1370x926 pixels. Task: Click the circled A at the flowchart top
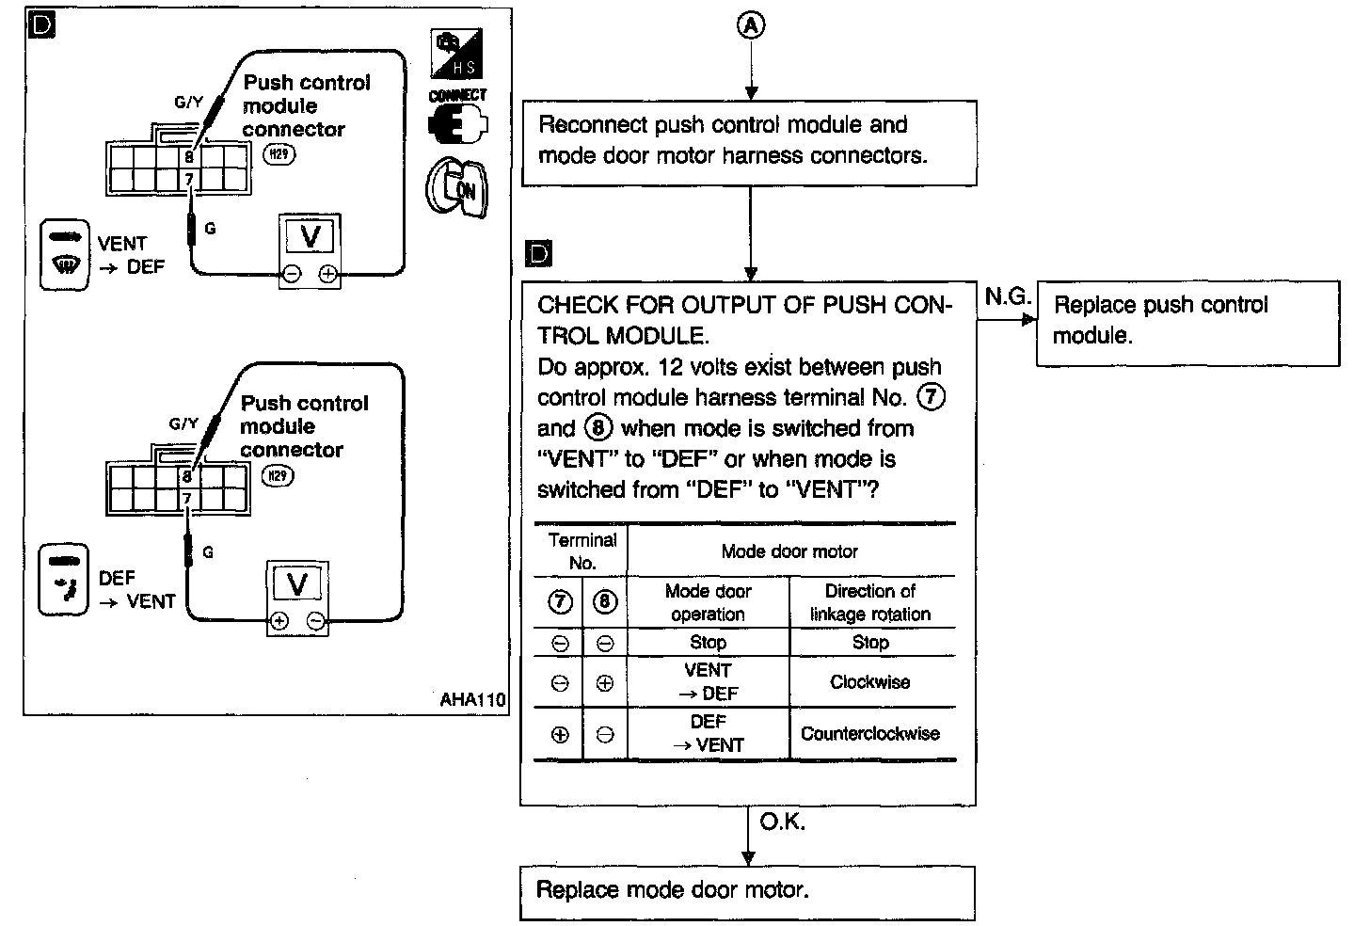pyautogui.click(x=750, y=26)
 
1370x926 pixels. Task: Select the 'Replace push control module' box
pyautogui.click(x=1187, y=322)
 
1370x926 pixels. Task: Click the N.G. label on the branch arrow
pyautogui.click(x=1007, y=297)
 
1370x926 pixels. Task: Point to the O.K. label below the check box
pyautogui.click(x=782, y=822)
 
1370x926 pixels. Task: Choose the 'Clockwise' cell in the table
pyautogui.click(x=870, y=682)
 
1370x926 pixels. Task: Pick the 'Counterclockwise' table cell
pyautogui.click(x=870, y=734)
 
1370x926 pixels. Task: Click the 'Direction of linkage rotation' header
pyautogui.click(x=870, y=602)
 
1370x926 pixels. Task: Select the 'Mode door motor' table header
pyautogui.click(x=789, y=551)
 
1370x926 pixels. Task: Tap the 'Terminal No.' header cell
pyautogui.click(x=581, y=551)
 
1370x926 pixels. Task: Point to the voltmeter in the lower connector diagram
pyautogui.click(x=297, y=597)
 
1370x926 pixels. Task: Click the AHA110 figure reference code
pyautogui.click(x=472, y=700)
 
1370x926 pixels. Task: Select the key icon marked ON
pyautogui.click(x=457, y=188)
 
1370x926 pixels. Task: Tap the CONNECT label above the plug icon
pyautogui.click(x=457, y=96)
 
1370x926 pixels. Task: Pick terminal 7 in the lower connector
pyautogui.click(x=187, y=498)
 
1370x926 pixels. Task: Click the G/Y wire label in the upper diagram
pyautogui.click(x=188, y=103)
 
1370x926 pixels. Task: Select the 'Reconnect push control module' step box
pyautogui.click(x=749, y=142)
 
